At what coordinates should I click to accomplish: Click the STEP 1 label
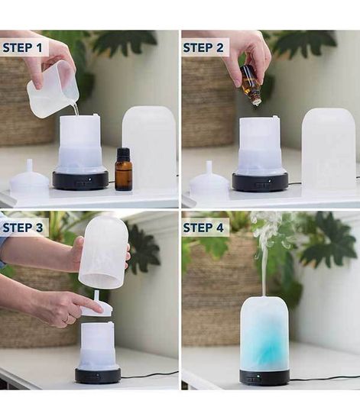point(22,47)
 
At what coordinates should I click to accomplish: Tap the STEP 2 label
point(203,47)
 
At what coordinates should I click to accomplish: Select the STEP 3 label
point(22,228)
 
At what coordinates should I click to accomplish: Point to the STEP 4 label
point(203,228)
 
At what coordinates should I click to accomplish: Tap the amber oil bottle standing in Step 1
point(124,170)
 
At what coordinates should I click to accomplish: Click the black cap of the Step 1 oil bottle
point(124,153)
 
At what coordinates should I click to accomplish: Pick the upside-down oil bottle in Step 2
point(251,86)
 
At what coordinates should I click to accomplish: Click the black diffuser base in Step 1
point(81,180)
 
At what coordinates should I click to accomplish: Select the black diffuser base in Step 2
point(260,181)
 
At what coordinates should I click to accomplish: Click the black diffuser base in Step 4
point(264,377)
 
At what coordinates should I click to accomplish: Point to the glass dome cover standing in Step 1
point(149,147)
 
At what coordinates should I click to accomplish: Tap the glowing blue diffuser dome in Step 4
point(264,334)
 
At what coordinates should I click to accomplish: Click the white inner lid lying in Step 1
point(30,179)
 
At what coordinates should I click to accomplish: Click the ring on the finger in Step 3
point(66,318)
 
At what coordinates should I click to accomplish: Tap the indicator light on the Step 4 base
point(258,376)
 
